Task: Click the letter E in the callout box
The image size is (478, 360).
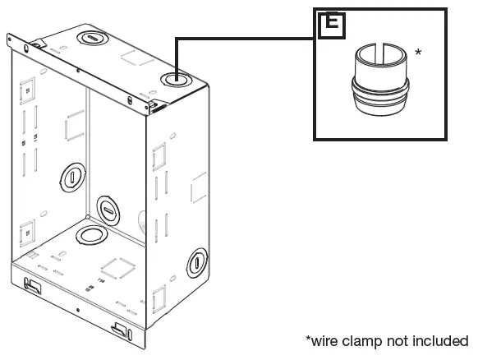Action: [332, 22]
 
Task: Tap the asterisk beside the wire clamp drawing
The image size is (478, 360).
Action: [419, 53]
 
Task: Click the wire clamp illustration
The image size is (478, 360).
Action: [380, 80]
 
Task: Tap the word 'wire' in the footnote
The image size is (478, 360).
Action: [324, 341]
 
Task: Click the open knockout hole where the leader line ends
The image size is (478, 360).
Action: [177, 80]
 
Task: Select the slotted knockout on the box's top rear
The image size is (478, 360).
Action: [92, 38]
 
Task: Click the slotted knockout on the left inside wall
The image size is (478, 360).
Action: [72, 178]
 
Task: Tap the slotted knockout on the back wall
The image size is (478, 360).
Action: [108, 210]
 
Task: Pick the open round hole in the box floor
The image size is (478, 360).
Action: [91, 235]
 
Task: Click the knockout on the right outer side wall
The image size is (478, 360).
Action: [197, 263]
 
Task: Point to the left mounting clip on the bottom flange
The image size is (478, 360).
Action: [33, 285]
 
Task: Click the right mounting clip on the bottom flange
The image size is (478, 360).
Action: [120, 330]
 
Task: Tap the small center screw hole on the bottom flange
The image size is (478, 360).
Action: [78, 310]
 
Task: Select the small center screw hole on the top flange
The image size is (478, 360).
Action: [78, 71]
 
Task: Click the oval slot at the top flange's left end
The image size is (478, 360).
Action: [26, 48]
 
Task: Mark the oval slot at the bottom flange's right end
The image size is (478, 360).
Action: [130, 335]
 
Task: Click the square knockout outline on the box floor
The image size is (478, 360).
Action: [118, 269]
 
